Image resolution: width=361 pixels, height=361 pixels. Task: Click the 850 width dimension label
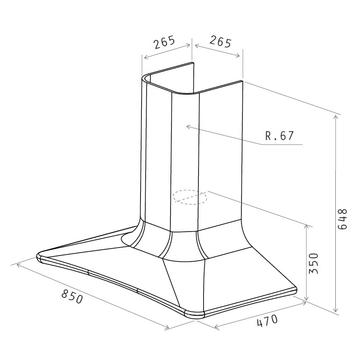tap(72, 297)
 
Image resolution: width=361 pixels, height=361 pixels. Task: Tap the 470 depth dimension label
tap(267, 320)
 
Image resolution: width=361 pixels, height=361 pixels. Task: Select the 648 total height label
tap(342, 219)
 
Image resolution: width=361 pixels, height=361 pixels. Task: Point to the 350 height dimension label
tap(313, 263)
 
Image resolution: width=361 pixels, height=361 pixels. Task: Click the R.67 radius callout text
tap(279, 136)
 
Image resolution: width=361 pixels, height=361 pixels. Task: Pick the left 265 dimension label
tap(164, 42)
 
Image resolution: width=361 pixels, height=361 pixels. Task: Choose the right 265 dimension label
tap(220, 42)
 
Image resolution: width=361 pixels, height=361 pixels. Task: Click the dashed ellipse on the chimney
tap(190, 197)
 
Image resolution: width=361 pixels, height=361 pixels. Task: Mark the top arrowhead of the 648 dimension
tap(336, 117)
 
